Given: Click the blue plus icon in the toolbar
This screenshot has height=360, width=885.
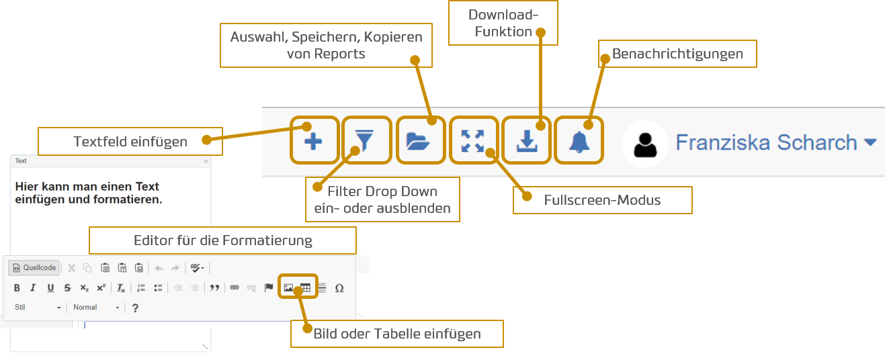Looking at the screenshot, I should coord(314,141).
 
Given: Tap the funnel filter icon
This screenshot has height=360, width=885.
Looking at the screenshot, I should coord(366,141).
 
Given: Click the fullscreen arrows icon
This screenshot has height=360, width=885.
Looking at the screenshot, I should coord(473,141).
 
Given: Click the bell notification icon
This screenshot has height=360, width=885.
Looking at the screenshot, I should coord(579,141).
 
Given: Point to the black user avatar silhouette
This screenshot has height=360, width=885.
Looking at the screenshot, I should coord(646,143).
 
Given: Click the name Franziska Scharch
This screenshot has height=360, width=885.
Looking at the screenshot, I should coord(767,142).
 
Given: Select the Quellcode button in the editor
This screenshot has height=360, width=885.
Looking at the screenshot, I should coord(34,267).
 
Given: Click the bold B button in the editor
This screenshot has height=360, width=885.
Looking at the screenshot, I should coord(17,288).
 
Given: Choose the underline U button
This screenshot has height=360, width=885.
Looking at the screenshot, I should coord(50,288).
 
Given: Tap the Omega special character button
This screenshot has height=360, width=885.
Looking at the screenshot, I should coord(339,288).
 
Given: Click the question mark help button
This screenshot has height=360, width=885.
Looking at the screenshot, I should coord(135,308).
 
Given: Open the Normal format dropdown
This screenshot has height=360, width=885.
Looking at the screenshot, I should coord(97,308).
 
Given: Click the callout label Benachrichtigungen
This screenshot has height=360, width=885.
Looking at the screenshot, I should coord(677,54).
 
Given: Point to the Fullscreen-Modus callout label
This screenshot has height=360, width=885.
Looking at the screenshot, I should coord(602,200).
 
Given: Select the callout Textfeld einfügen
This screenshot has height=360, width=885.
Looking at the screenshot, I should coord(130,142).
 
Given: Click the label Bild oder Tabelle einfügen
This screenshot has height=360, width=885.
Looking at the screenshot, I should coord(397,333).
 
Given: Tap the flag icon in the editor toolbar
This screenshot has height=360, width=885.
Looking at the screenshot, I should coord(269,287).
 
